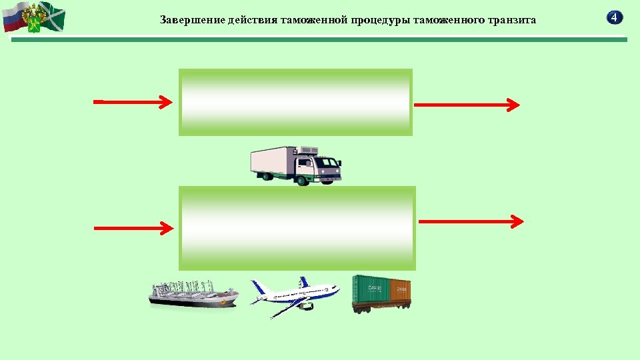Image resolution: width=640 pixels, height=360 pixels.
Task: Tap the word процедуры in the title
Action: point(386,20)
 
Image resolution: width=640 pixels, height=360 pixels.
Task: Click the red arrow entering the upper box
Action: point(133,102)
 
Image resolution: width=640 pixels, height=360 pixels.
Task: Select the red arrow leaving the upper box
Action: point(467,105)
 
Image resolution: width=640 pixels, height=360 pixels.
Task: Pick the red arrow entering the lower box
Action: point(133,228)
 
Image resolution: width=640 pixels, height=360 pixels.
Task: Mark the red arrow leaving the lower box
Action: point(471,221)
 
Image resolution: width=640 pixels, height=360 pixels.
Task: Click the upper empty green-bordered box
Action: point(295,102)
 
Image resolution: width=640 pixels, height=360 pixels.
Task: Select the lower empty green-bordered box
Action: point(297,228)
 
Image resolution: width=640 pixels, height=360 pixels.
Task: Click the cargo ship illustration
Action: point(193,294)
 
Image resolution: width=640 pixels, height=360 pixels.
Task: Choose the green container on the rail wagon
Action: point(371,289)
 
